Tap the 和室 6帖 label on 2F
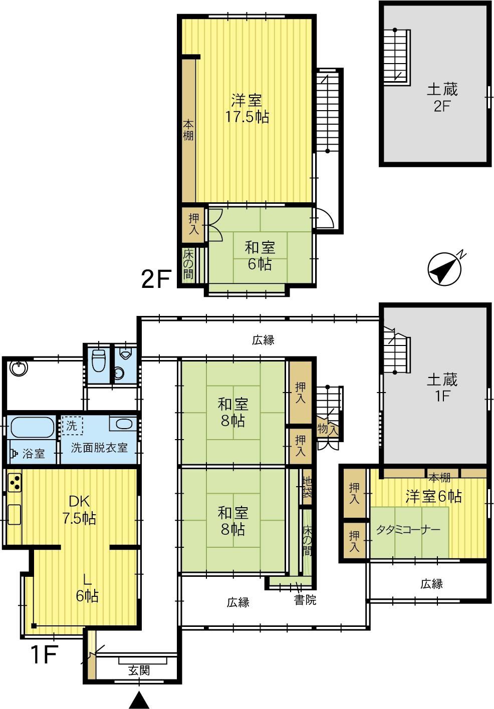(x=260, y=256)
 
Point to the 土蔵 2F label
(x=442, y=98)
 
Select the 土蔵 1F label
(x=442, y=388)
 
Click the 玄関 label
(x=139, y=670)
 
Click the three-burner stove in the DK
(x=14, y=482)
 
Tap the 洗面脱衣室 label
(x=99, y=448)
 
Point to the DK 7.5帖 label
(x=79, y=510)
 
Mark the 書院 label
(x=305, y=600)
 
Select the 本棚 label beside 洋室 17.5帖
(x=188, y=130)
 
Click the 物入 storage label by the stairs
(x=328, y=430)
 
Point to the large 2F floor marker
(x=156, y=278)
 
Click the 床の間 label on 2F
(x=188, y=264)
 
